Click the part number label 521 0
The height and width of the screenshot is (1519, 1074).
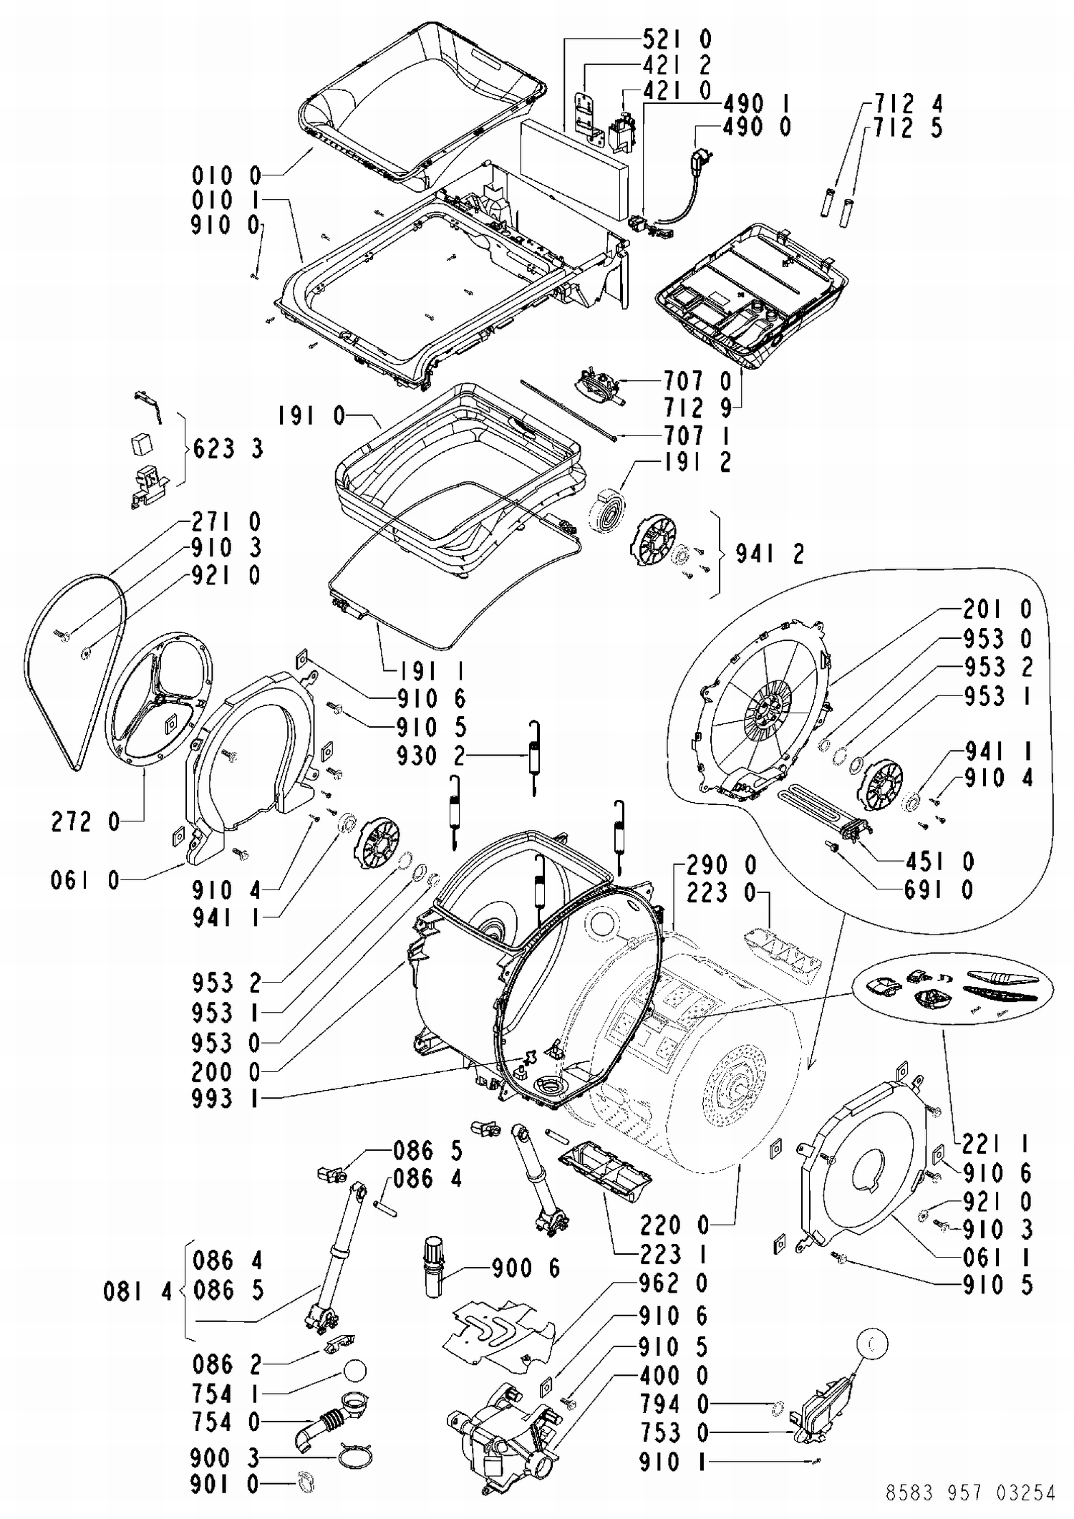click(676, 39)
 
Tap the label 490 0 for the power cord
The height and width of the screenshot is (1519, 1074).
click(757, 127)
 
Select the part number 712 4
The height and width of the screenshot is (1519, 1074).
click(907, 104)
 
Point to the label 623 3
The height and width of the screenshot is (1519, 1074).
click(228, 449)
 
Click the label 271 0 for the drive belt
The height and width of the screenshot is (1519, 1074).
click(226, 521)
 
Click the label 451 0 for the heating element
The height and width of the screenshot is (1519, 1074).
click(938, 862)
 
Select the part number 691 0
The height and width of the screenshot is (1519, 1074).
click(938, 890)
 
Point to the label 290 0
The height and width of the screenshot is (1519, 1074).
click(721, 865)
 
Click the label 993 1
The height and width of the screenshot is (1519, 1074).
click(226, 1099)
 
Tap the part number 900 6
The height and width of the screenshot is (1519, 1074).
click(526, 1268)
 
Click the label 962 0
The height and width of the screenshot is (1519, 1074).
click(672, 1283)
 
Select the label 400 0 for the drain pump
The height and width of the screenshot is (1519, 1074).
click(672, 1375)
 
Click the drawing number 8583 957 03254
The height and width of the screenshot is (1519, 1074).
click(970, 1493)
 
